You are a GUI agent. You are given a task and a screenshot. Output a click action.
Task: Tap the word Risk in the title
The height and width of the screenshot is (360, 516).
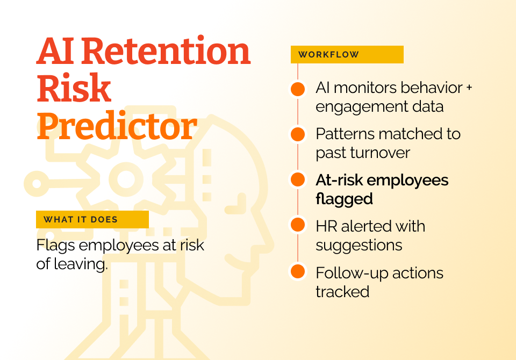74,88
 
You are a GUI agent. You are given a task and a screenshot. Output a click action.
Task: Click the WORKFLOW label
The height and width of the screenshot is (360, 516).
328,55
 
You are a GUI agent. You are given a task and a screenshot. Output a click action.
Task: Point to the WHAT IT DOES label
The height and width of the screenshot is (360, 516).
81,219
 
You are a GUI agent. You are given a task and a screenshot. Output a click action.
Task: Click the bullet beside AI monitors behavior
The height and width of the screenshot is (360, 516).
298,89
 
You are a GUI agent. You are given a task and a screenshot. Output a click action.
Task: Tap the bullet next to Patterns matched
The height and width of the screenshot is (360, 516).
298,134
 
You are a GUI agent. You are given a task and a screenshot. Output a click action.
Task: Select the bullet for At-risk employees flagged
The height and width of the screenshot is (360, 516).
298,179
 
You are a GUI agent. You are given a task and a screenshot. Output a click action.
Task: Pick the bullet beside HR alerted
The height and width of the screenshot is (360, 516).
298,225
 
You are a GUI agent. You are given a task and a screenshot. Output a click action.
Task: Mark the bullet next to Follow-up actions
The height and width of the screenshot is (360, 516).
298,271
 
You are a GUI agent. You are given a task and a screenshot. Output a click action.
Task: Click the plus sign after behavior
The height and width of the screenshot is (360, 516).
469,88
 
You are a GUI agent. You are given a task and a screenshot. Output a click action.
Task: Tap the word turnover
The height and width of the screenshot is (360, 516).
380,153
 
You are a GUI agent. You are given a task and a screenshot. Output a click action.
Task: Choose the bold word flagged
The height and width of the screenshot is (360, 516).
344,199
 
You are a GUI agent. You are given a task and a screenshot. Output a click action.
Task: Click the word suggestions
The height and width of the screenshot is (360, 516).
359,246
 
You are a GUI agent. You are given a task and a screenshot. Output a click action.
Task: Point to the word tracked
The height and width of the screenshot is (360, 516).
342,292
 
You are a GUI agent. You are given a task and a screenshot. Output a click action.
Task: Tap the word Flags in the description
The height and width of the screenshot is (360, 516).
55,246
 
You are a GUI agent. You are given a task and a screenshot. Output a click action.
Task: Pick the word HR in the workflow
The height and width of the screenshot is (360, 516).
326,226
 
